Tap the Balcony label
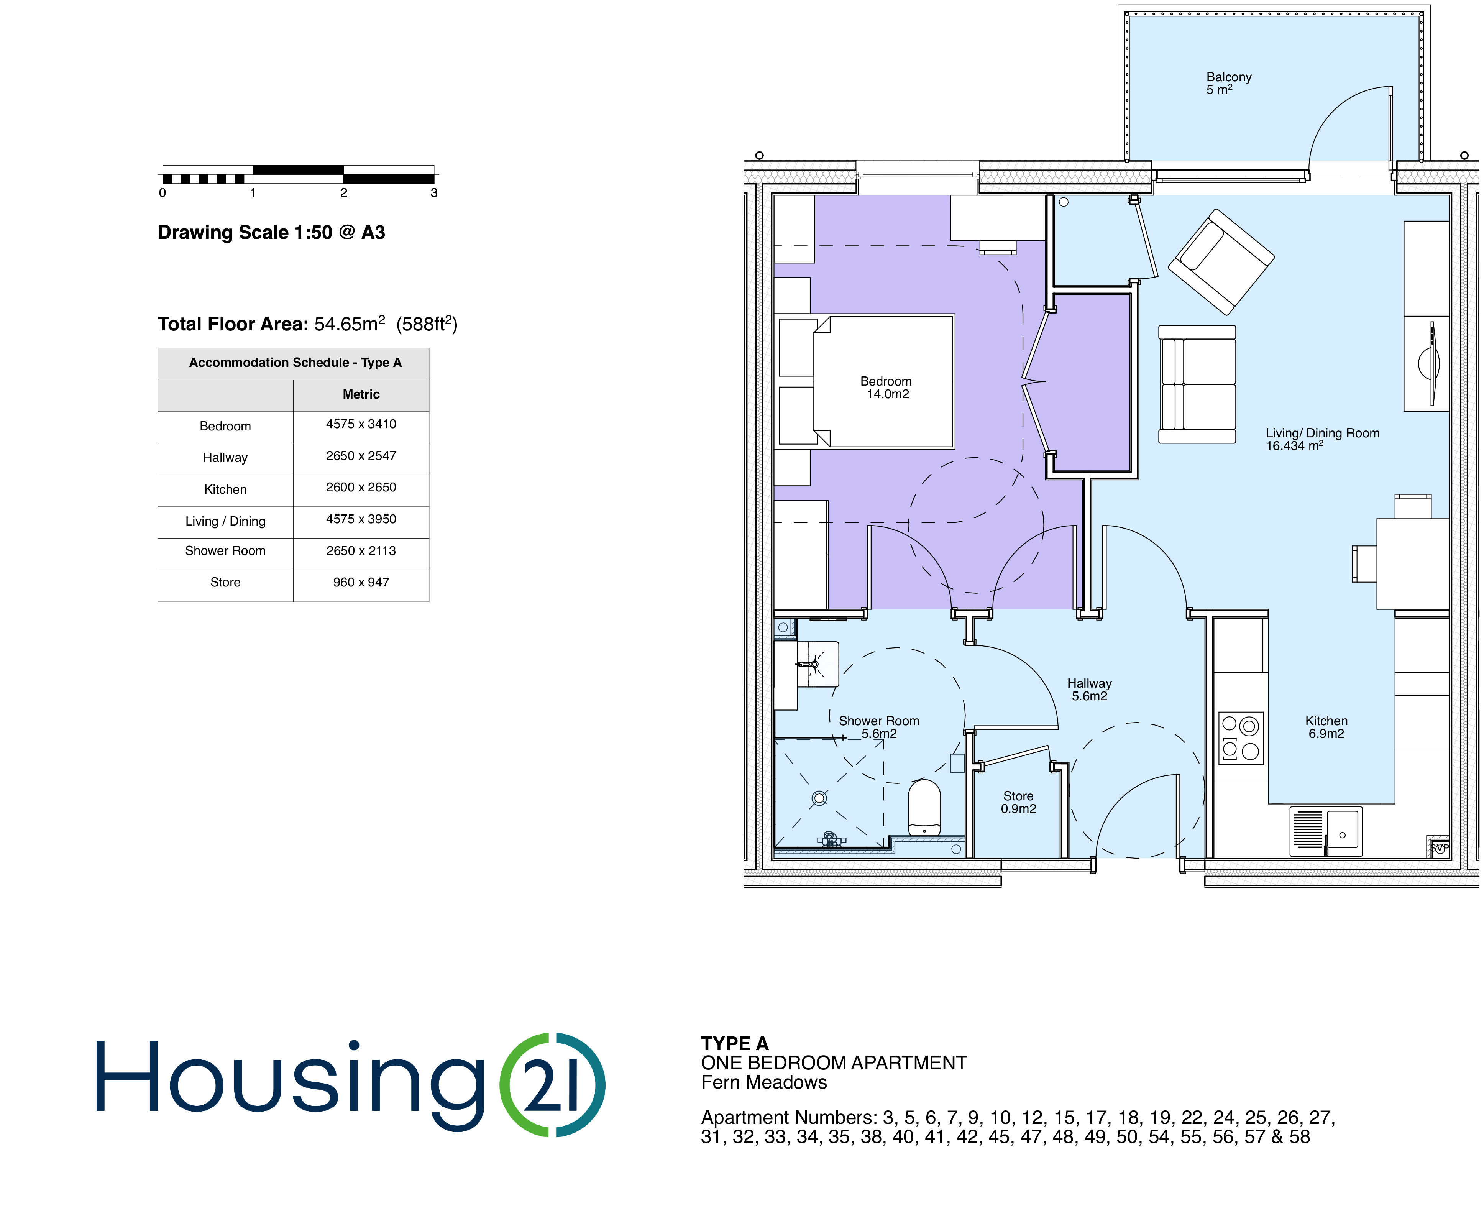[1228, 83]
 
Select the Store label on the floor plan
[1018, 802]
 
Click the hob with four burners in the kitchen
[1240, 738]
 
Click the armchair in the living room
[1221, 261]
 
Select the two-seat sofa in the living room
[1197, 384]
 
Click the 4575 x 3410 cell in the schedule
[361, 424]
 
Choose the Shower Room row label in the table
[225, 551]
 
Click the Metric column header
[361, 394]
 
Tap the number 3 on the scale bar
[434, 193]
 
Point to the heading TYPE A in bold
[734, 1043]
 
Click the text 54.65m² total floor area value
[350, 324]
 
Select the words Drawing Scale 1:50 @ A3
[271, 233]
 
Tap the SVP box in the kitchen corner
[1439, 847]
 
